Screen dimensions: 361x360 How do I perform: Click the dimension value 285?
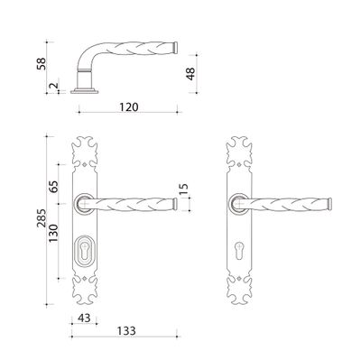(42, 217)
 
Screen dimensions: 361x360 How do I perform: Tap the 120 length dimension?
(129, 107)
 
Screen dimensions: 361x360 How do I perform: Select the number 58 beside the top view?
(42, 63)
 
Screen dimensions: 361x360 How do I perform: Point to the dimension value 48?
(190, 74)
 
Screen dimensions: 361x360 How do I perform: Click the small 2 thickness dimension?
(53, 86)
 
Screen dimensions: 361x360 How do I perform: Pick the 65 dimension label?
(54, 187)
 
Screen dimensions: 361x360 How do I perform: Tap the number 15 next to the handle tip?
(184, 189)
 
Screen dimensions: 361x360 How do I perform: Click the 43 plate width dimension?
(84, 318)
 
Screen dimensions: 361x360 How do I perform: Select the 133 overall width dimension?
(126, 331)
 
